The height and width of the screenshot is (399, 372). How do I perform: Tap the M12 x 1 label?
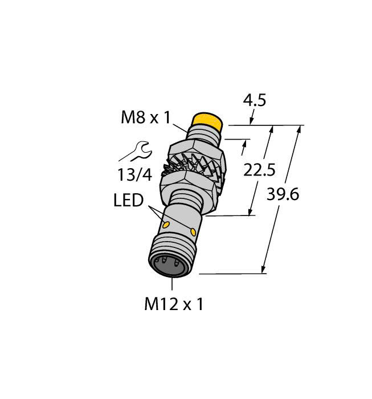pyautogui.click(x=173, y=304)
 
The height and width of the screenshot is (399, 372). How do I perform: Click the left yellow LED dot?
pyautogui.click(x=167, y=226)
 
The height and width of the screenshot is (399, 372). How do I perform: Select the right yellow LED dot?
pyautogui.click(x=194, y=231)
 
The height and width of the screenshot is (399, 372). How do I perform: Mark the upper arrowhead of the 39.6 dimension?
pyautogui.click(x=299, y=129)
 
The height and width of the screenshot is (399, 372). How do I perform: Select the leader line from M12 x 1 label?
pyautogui.click(x=171, y=286)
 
